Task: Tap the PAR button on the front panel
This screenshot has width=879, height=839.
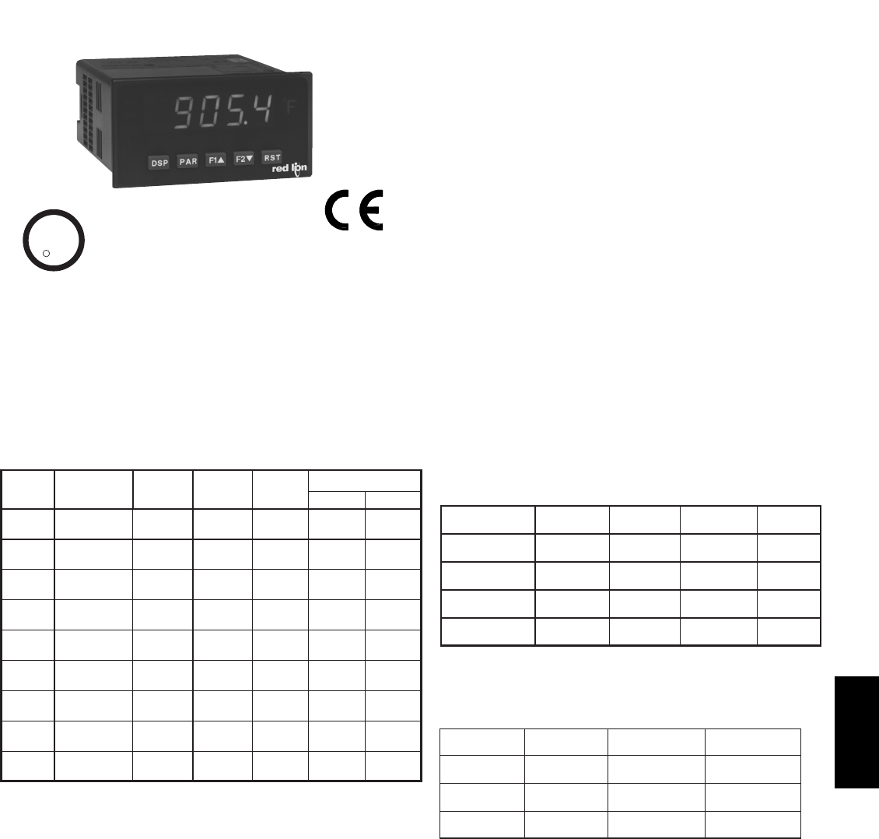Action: pyautogui.click(x=187, y=161)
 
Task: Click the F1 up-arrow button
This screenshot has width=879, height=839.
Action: pyautogui.click(x=215, y=160)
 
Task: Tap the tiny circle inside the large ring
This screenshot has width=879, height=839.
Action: pyautogui.click(x=46, y=252)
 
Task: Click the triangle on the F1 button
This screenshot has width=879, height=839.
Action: pyautogui.click(x=221, y=160)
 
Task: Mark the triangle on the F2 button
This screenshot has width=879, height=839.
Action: pyautogui.click(x=250, y=158)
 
